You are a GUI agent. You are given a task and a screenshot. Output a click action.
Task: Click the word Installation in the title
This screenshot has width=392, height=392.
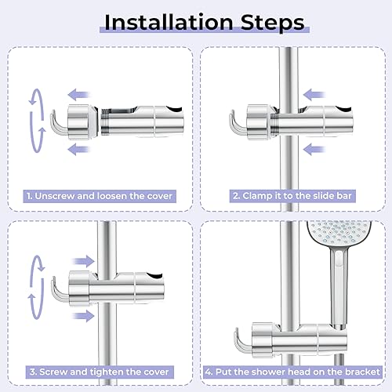(x=169, y=23)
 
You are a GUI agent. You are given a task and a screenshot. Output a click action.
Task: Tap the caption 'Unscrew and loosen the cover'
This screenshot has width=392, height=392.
(x=103, y=196)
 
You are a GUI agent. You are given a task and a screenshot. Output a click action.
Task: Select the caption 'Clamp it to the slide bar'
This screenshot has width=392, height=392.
(x=297, y=196)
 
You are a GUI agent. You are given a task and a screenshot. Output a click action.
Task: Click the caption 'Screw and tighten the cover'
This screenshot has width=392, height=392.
(x=103, y=372)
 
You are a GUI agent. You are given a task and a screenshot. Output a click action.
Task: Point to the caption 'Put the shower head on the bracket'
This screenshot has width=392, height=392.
(x=297, y=372)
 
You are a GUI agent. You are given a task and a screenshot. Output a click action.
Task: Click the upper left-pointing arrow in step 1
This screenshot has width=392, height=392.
(x=78, y=95)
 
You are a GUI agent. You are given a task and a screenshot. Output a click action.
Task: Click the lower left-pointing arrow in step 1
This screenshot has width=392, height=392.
(x=78, y=149)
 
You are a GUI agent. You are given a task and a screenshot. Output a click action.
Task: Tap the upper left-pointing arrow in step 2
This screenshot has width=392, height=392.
(x=314, y=95)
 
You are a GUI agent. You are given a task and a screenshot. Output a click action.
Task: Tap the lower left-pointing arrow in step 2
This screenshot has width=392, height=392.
(x=314, y=150)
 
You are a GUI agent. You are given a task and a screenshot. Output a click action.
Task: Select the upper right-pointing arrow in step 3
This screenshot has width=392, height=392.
(x=83, y=261)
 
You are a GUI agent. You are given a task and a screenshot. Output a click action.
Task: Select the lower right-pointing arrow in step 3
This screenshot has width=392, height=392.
(x=83, y=316)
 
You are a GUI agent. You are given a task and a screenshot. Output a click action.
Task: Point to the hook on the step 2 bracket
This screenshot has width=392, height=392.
(x=238, y=123)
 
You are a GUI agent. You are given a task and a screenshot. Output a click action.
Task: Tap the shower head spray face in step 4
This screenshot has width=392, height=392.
(x=339, y=234)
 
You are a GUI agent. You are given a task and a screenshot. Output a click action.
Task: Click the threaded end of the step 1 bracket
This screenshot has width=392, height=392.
(x=105, y=122)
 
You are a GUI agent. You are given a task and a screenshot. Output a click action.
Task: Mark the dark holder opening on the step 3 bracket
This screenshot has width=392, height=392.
(x=155, y=276)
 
